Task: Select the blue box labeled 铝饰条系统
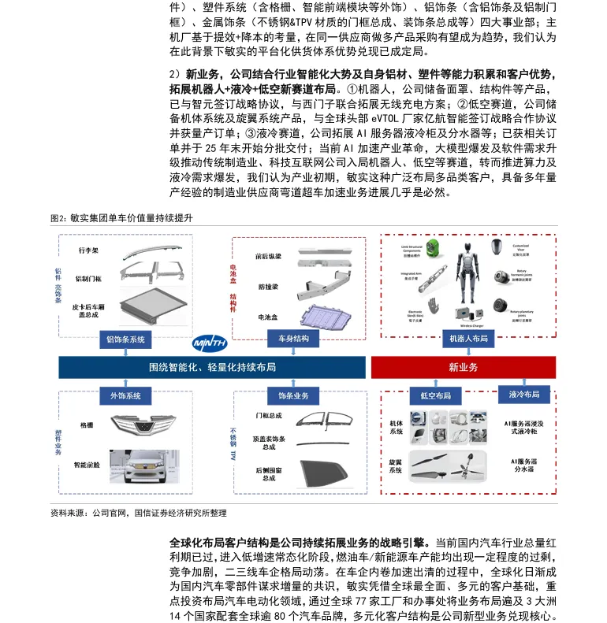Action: click(126, 339)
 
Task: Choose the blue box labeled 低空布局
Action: click(435, 395)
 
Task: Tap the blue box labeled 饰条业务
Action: click(293, 395)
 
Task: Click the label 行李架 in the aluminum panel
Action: click(88, 250)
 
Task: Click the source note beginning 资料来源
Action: click(138, 513)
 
